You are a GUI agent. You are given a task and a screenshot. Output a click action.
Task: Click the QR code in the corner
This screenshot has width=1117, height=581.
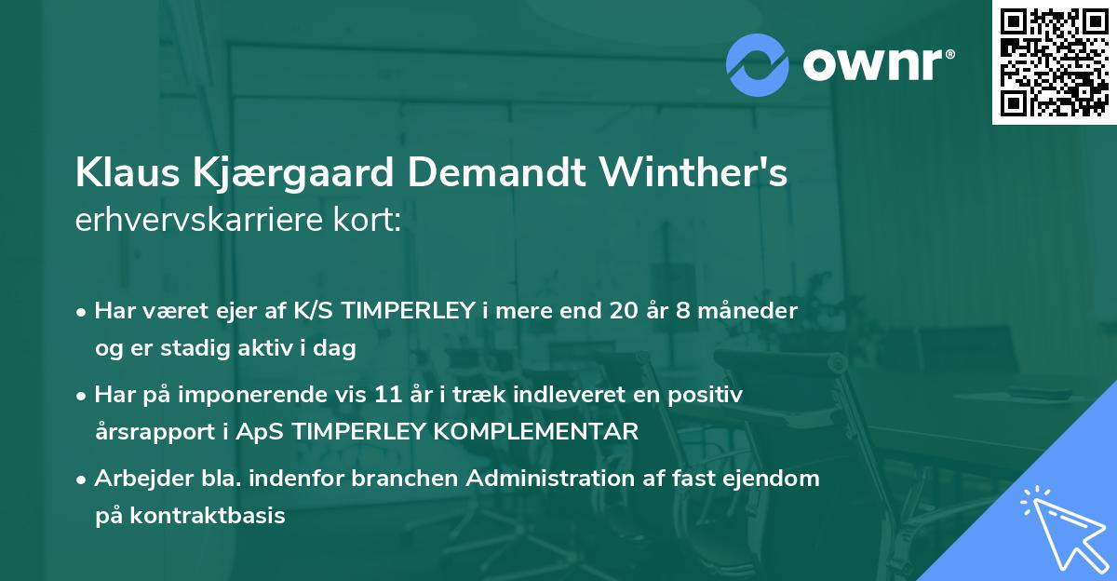coord(1054,62)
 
